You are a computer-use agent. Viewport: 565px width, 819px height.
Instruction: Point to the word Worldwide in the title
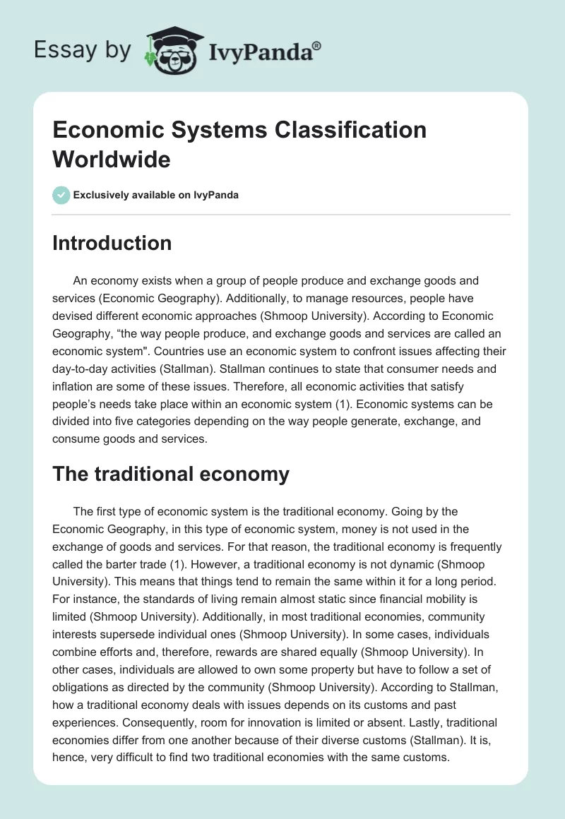pos(112,159)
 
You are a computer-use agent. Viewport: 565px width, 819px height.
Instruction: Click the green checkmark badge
pos(61,195)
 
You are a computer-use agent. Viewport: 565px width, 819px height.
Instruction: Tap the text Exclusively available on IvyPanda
pos(155,195)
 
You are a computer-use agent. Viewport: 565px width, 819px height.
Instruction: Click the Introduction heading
pos(112,243)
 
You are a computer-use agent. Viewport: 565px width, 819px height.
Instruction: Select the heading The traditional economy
pos(171,474)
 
